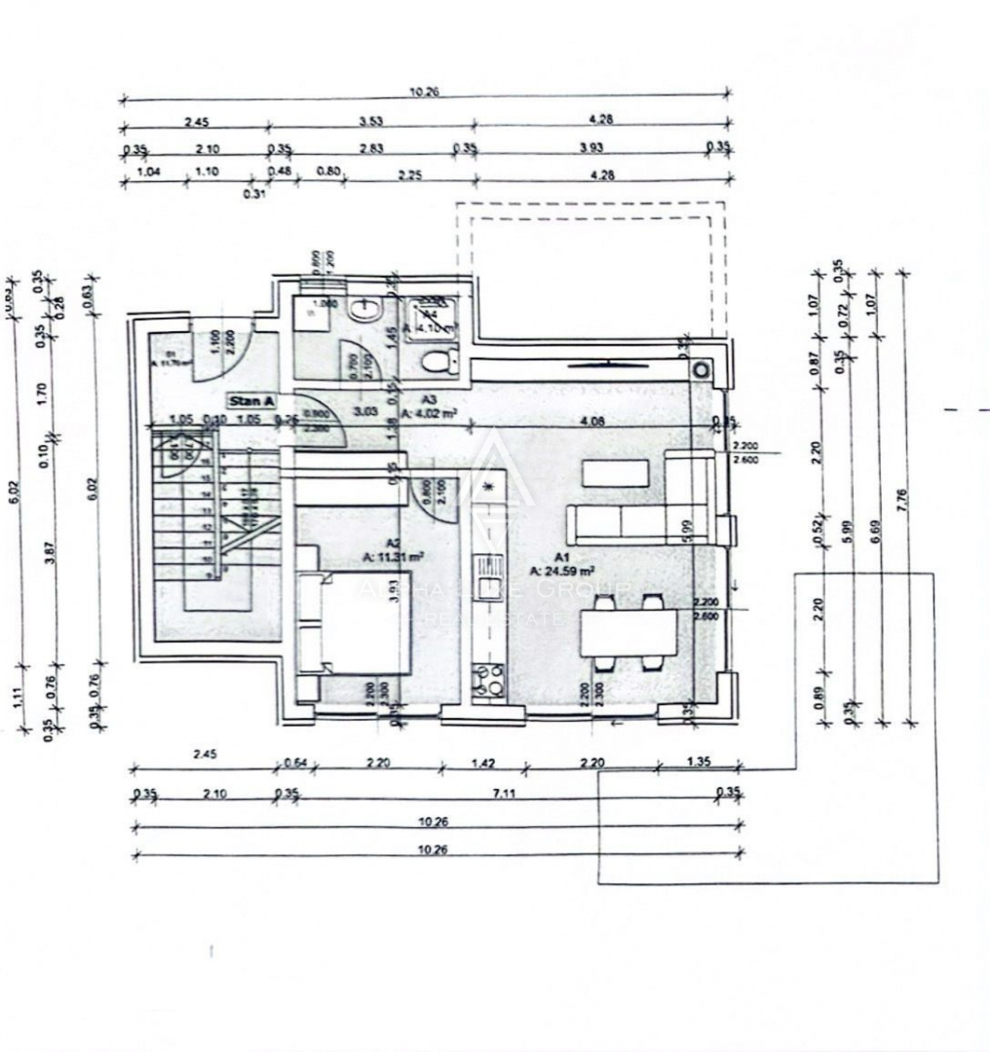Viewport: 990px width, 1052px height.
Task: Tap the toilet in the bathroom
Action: point(438,361)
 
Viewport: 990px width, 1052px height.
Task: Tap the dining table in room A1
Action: point(628,631)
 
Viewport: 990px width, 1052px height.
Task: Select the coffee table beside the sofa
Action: point(616,473)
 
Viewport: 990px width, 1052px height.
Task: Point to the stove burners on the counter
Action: point(486,680)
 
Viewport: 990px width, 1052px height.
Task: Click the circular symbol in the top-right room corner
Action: point(700,370)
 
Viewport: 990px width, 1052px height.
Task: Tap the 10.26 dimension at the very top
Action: point(426,93)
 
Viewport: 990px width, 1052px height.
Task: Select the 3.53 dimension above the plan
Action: point(370,122)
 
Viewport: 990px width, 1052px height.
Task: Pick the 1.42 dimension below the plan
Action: point(482,763)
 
